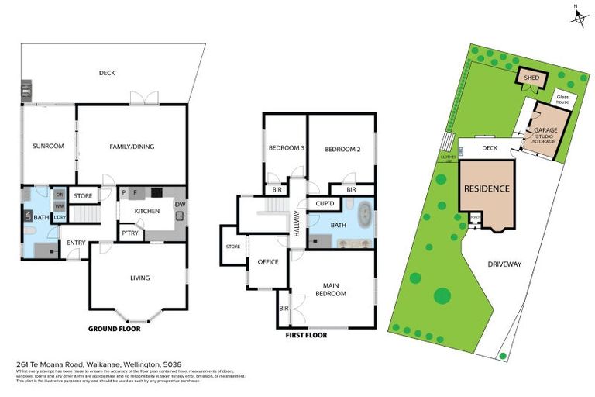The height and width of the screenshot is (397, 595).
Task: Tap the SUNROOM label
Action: pyautogui.click(x=46, y=145)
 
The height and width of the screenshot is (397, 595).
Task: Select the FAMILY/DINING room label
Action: pyautogui.click(x=131, y=145)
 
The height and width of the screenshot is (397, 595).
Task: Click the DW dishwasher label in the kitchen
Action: pyautogui.click(x=179, y=205)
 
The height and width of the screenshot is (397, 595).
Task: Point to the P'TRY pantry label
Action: pyautogui.click(x=129, y=233)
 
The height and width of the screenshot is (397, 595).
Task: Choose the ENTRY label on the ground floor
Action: pyautogui.click(x=76, y=243)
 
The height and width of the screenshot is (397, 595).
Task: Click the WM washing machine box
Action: pyautogui.click(x=59, y=205)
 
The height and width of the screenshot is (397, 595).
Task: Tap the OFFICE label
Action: pyautogui.click(x=267, y=262)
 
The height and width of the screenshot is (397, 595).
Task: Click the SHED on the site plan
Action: pyautogui.click(x=531, y=78)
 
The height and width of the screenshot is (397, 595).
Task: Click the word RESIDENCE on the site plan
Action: pyautogui.click(x=487, y=188)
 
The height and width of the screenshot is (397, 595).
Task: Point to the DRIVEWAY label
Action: pyautogui.click(x=504, y=264)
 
